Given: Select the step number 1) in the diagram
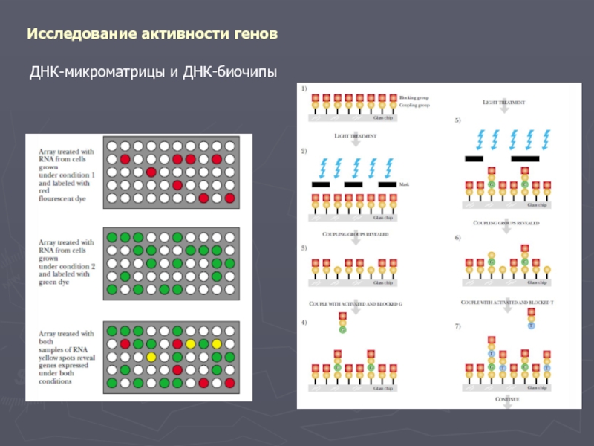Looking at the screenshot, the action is coord(303,88).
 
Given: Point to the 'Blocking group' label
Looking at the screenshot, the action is coord(414,97).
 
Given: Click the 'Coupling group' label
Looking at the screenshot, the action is coord(414,106).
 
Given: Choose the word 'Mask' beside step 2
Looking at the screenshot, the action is coord(404,184).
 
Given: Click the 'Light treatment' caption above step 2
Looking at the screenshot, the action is coord(355,136).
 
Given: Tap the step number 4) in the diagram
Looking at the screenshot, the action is coord(303,322).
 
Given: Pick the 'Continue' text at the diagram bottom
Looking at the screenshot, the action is coord(506,400).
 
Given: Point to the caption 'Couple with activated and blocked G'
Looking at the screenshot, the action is coord(355,304).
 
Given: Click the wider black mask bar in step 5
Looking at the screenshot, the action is coord(525,158).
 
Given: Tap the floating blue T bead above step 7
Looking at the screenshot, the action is coord(531,325).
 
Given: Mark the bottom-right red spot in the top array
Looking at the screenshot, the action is coord(229,198).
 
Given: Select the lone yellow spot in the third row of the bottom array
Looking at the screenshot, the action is coord(151,357).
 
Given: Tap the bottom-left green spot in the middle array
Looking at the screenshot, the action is coord(112,288).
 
